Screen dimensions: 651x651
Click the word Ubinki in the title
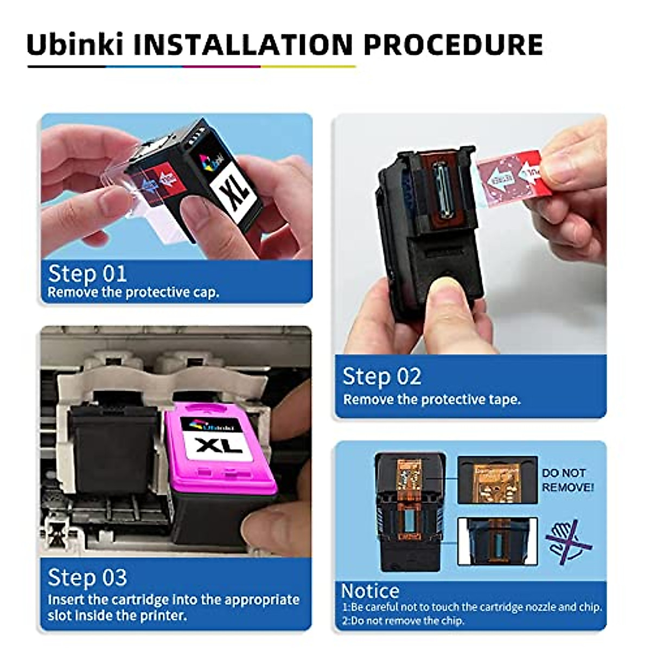click(75, 44)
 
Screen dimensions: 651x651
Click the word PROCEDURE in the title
click(453, 44)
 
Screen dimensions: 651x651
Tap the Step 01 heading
click(87, 273)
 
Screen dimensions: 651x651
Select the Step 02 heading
click(381, 376)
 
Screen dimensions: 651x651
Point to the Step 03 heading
click(87, 577)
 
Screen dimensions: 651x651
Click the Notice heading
click(370, 591)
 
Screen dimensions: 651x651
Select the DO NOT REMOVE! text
click(567, 480)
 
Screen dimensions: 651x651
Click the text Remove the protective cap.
click(133, 292)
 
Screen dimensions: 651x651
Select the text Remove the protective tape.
click(432, 399)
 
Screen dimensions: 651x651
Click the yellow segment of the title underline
click(308, 67)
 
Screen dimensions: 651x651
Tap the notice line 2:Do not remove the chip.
click(403, 620)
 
